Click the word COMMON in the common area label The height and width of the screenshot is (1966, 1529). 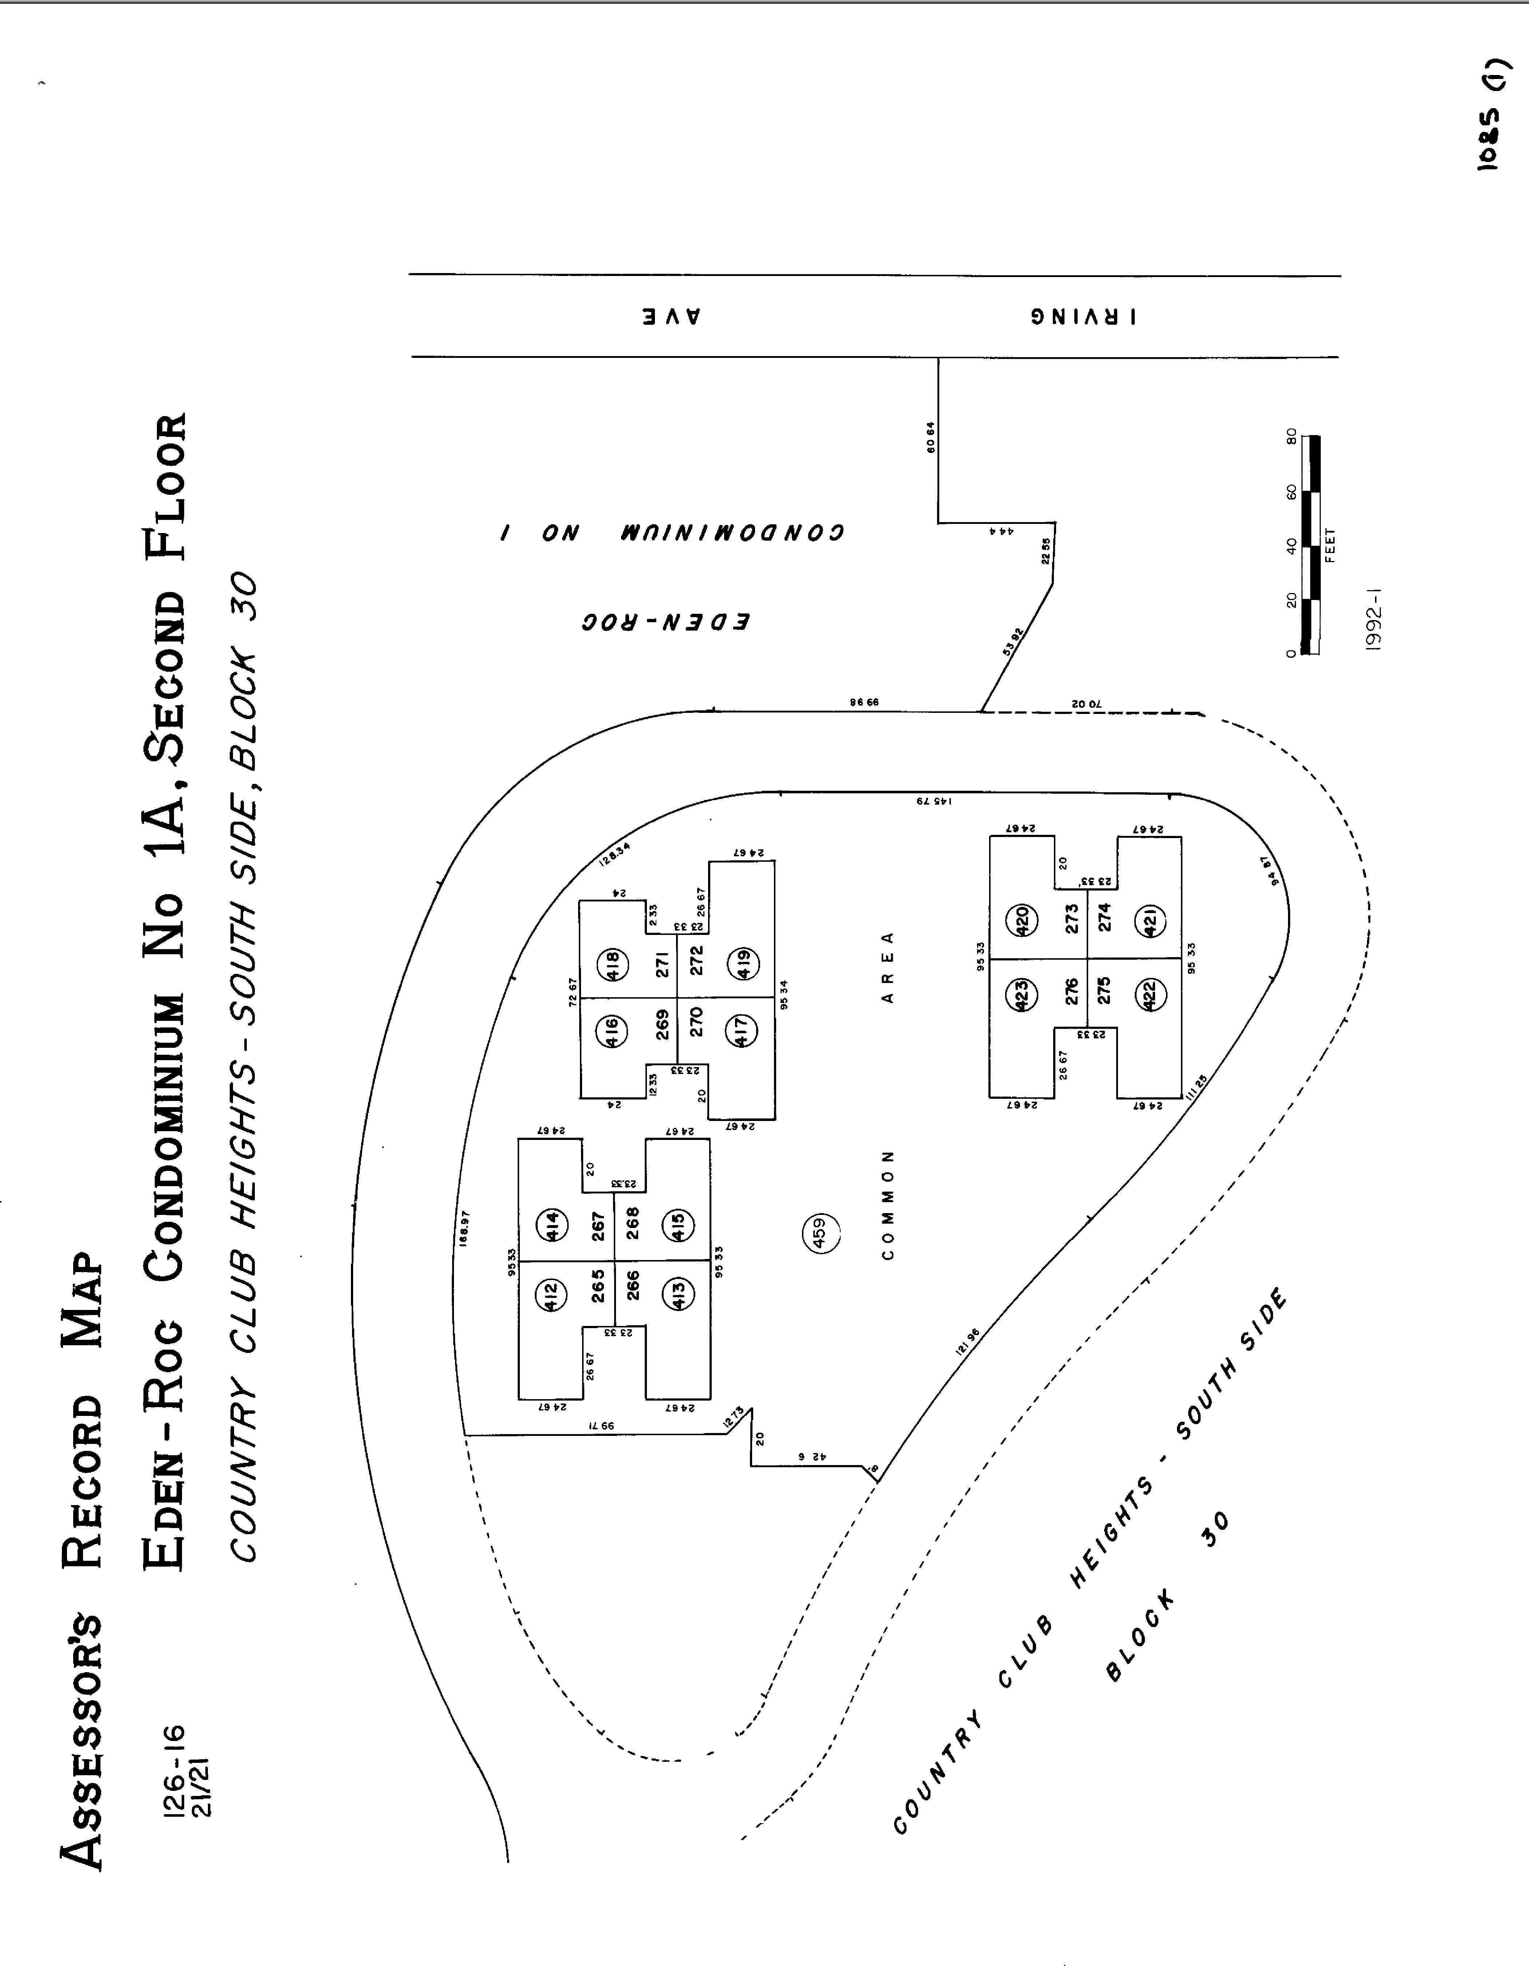pyautogui.click(x=888, y=1204)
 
